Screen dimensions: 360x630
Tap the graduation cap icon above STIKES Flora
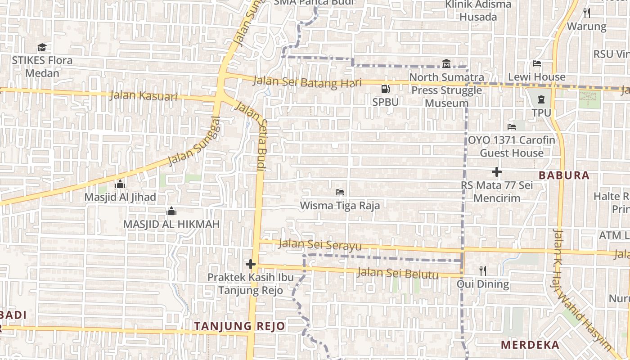[x=42, y=47]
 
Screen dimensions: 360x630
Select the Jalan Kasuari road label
[x=143, y=96]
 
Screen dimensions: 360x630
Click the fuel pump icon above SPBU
[x=385, y=89]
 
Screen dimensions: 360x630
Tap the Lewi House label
[x=536, y=77]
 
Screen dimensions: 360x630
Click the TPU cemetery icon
[x=541, y=99]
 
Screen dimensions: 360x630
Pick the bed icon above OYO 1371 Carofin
[x=512, y=127]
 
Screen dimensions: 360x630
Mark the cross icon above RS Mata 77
[x=497, y=172]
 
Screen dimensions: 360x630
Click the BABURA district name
[x=564, y=175]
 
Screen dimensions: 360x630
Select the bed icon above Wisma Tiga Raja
[x=340, y=192]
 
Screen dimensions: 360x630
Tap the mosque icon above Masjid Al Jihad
[x=120, y=184]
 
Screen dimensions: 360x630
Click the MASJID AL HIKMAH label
[x=171, y=224]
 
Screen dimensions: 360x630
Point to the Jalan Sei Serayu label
[x=320, y=244]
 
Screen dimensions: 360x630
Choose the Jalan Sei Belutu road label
[x=397, y=273]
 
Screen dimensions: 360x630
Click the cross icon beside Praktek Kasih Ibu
[x=251, y=264]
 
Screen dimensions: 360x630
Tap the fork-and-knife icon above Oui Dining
[x=483, y=270]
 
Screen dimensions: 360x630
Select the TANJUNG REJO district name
[x=239, y=326]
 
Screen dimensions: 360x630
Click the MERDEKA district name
[x=530, y=345]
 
